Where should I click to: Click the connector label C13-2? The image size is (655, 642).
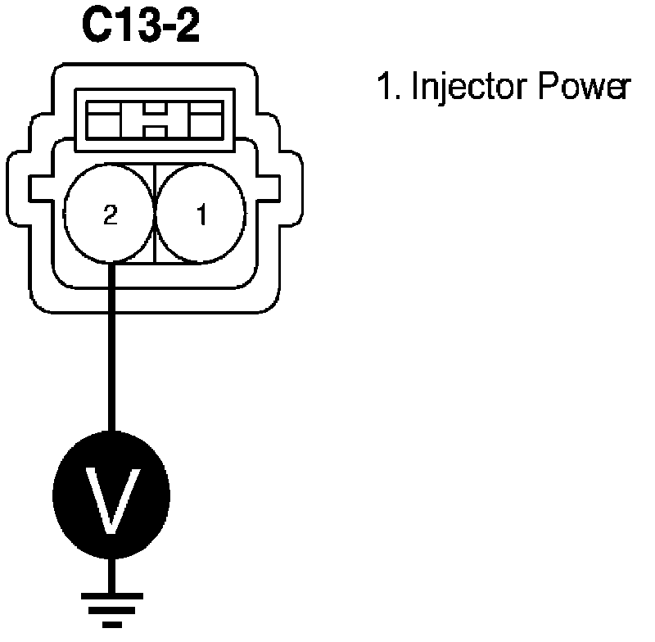click(140, 29)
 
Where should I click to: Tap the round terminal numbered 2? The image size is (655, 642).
click(111, 215)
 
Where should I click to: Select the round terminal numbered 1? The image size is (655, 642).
click(201, 215)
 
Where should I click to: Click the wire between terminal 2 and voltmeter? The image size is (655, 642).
click(112, 344)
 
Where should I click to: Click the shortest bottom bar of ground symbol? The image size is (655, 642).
click(112, 624)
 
